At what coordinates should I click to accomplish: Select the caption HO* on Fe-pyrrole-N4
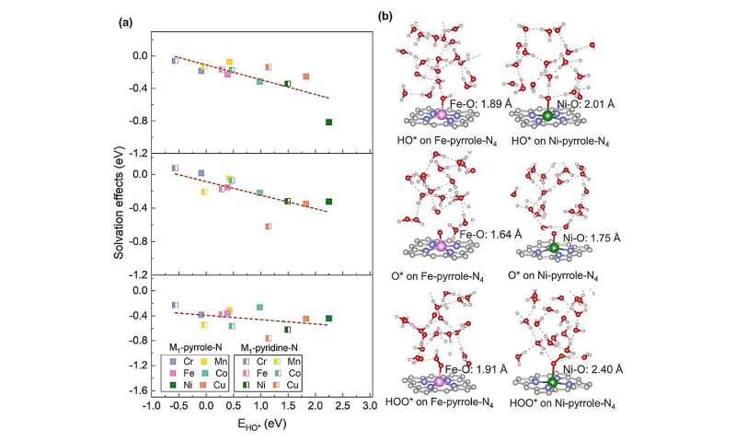coord(441,141)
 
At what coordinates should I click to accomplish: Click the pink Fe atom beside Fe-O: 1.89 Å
coord(442,116)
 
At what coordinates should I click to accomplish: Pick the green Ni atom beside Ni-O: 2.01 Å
coord(549,116)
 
